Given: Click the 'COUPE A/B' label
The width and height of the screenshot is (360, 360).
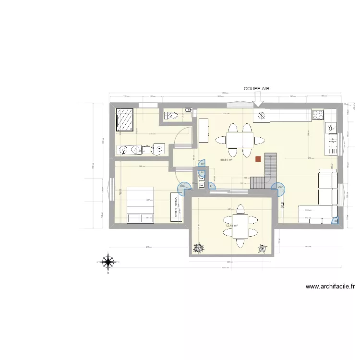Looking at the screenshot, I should pos(258,88).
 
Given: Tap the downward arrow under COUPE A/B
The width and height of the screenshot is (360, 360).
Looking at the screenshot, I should pos(258,99).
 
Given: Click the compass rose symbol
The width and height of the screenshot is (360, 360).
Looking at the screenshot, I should pos(108,262).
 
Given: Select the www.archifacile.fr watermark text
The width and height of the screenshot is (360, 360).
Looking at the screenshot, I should pos(330,287).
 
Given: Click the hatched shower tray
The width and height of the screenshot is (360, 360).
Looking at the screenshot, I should pos(126,120).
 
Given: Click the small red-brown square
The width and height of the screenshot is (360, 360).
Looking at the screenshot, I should pos(259,158).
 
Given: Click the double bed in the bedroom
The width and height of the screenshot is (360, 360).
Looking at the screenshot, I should pos(140,205).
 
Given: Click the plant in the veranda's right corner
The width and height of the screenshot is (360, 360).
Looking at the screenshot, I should pos(262,248).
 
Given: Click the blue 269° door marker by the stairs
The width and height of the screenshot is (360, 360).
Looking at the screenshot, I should pos(278,188).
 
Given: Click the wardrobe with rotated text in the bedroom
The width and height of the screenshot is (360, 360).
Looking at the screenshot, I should pos(176,206).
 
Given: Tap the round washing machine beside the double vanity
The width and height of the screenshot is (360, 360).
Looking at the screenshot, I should pos(158,150).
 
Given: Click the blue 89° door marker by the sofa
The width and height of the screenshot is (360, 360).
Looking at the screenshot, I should pos(335,221).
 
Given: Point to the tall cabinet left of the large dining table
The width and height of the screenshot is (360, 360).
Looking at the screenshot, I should pos(204,131).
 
